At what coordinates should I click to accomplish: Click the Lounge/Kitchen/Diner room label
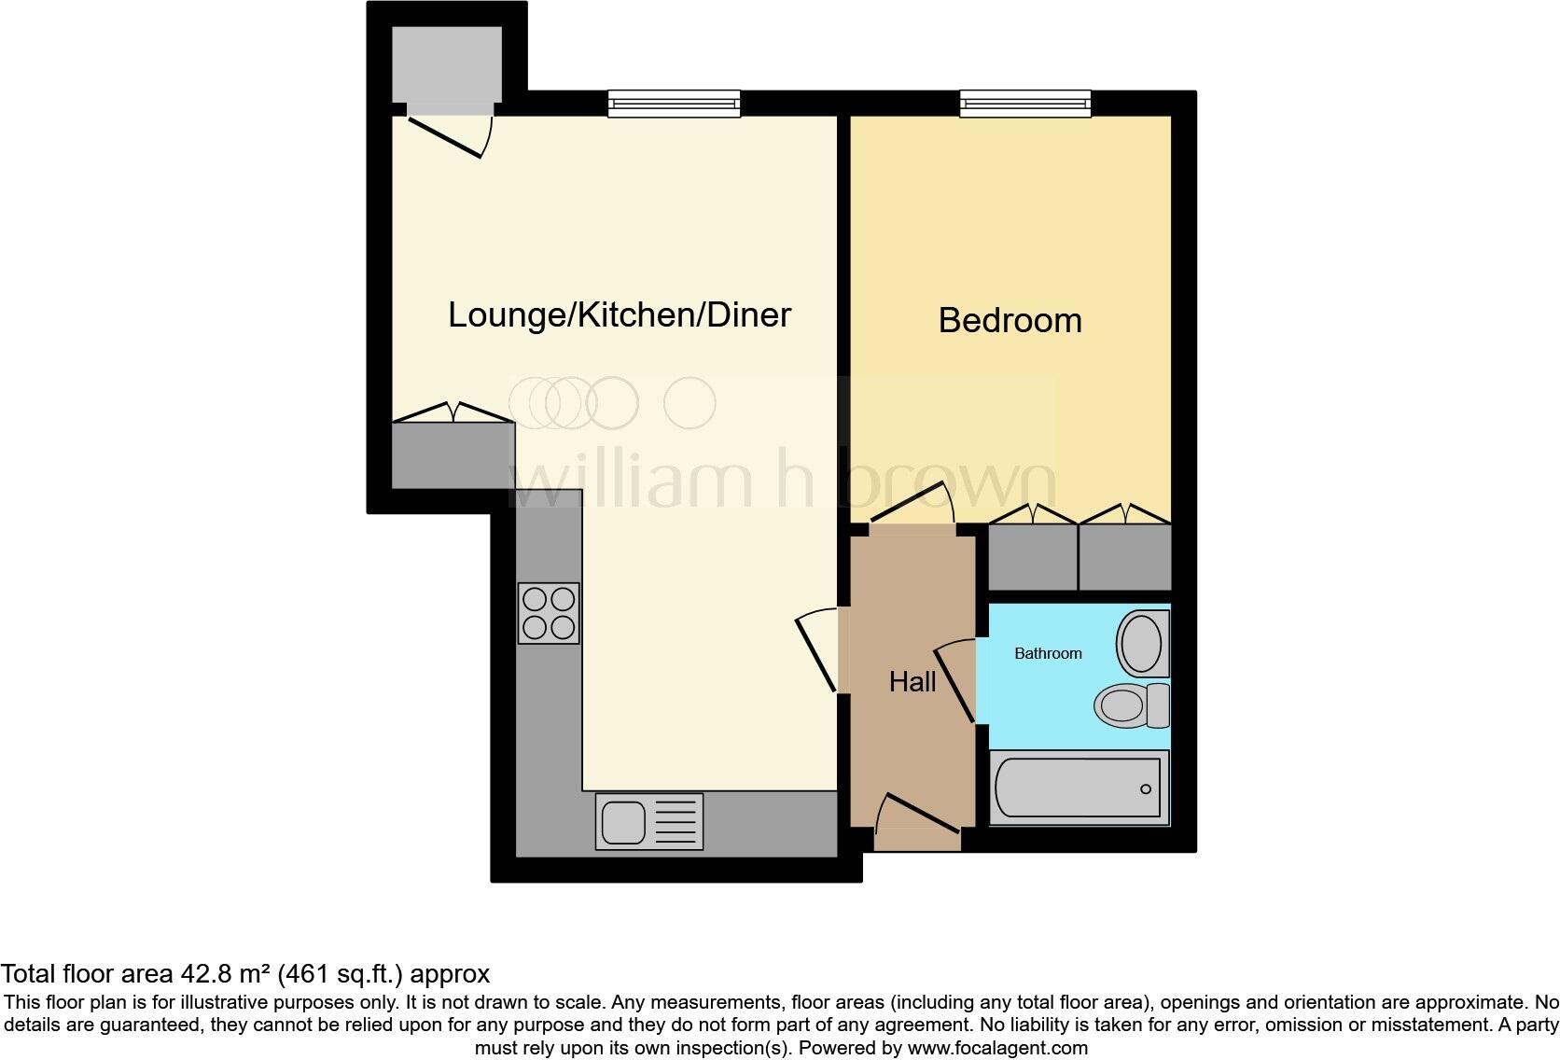click(619, 315)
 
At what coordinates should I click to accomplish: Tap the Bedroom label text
click(1010, 321)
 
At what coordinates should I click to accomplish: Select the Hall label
click(912, 682)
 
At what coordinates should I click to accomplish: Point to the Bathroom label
click(1048, 654)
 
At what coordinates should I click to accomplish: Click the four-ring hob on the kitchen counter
click(549, 613)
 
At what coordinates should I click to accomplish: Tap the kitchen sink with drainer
click(649, 822)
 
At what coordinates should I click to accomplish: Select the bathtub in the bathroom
click(1078, 789)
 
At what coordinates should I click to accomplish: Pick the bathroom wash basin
click(1142, 644)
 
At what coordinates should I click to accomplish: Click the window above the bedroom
click(1025, 103)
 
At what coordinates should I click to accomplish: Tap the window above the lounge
click(674, 103)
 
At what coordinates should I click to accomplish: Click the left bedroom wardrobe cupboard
click(1033, 556)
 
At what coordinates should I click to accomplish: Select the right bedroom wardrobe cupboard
click(1124, 556)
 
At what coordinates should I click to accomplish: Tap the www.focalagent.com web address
click(996, 1048)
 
